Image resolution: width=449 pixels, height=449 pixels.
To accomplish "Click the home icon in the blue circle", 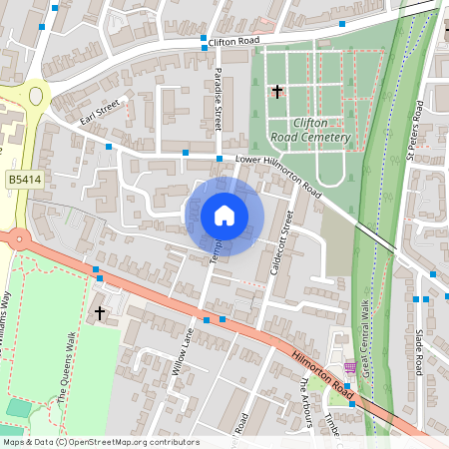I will [224, 215].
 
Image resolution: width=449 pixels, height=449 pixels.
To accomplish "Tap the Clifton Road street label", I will [234, 41].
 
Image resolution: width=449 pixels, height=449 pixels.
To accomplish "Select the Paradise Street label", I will [219, 100].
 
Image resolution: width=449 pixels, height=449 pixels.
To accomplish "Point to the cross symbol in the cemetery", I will [276, 92].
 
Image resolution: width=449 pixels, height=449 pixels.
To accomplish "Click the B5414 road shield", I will [24, 178].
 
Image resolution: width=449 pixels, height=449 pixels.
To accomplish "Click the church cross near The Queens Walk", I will [99, 312].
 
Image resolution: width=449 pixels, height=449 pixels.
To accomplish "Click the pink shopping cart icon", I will [350, 366].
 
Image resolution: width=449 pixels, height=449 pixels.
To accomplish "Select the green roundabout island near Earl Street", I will [37, 97].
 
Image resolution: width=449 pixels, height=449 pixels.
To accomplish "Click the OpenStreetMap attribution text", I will [100, 442].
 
